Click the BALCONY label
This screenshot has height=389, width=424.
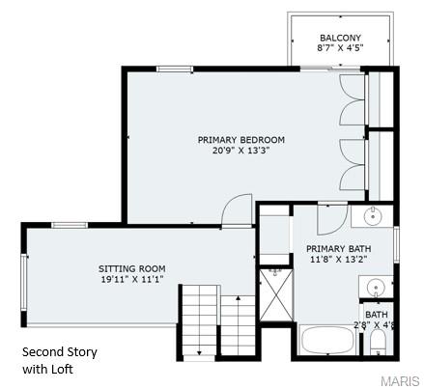[x=340, y=38]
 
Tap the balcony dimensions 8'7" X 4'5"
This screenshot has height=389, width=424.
[x=340, y=48]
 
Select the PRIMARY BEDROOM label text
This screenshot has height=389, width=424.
[x=241, y=140]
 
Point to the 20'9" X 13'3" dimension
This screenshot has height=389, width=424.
[x=241, y=151]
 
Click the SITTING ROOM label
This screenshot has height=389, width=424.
[x=131, y=268]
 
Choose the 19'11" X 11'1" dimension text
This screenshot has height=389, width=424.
[x=131, y=279]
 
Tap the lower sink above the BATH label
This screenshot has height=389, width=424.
[x=377, y=286]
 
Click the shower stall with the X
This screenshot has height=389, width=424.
[x=274, y=294]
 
